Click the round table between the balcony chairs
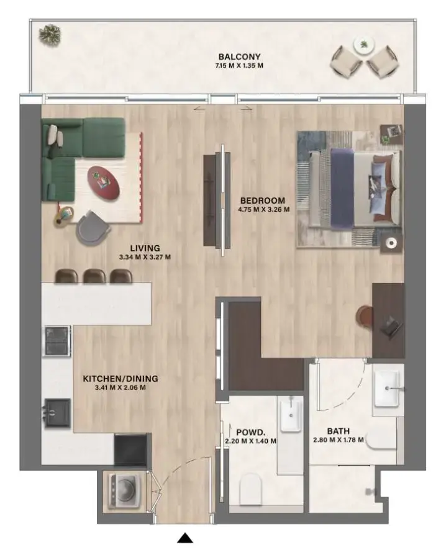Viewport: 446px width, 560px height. point(362,45)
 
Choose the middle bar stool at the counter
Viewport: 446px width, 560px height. point(93,276)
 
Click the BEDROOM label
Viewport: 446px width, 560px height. point(263,201)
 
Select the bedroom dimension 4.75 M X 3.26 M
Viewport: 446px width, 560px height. point(263,210)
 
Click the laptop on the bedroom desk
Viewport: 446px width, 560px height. point(391,324)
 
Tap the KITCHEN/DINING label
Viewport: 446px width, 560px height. point(121,378)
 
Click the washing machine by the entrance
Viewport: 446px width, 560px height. point(122,488)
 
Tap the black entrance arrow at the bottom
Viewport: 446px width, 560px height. point(185,538)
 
